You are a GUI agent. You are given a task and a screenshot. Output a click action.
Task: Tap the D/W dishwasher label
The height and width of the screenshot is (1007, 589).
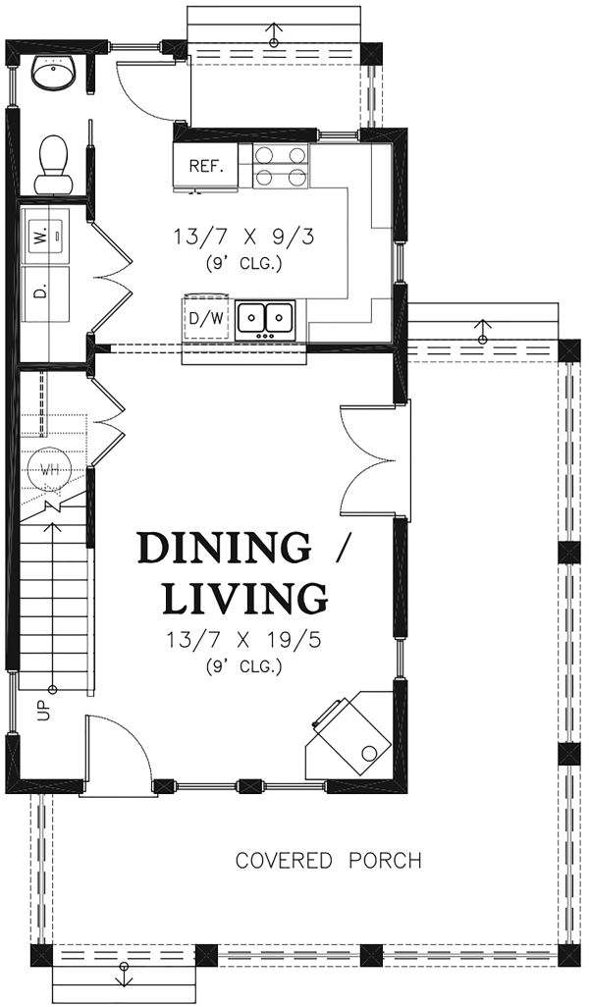[x=206, y=317]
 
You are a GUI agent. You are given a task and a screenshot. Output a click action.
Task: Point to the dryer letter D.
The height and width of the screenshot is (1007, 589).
[x=41, y=291]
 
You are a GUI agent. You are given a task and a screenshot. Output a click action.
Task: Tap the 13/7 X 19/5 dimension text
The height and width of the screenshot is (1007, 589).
[x=244, y=641]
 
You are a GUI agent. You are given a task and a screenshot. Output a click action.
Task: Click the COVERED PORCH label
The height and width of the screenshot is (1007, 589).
[x=328, y=861]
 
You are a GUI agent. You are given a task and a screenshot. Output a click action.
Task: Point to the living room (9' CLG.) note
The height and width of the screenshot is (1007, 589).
[x=244, y=666]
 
